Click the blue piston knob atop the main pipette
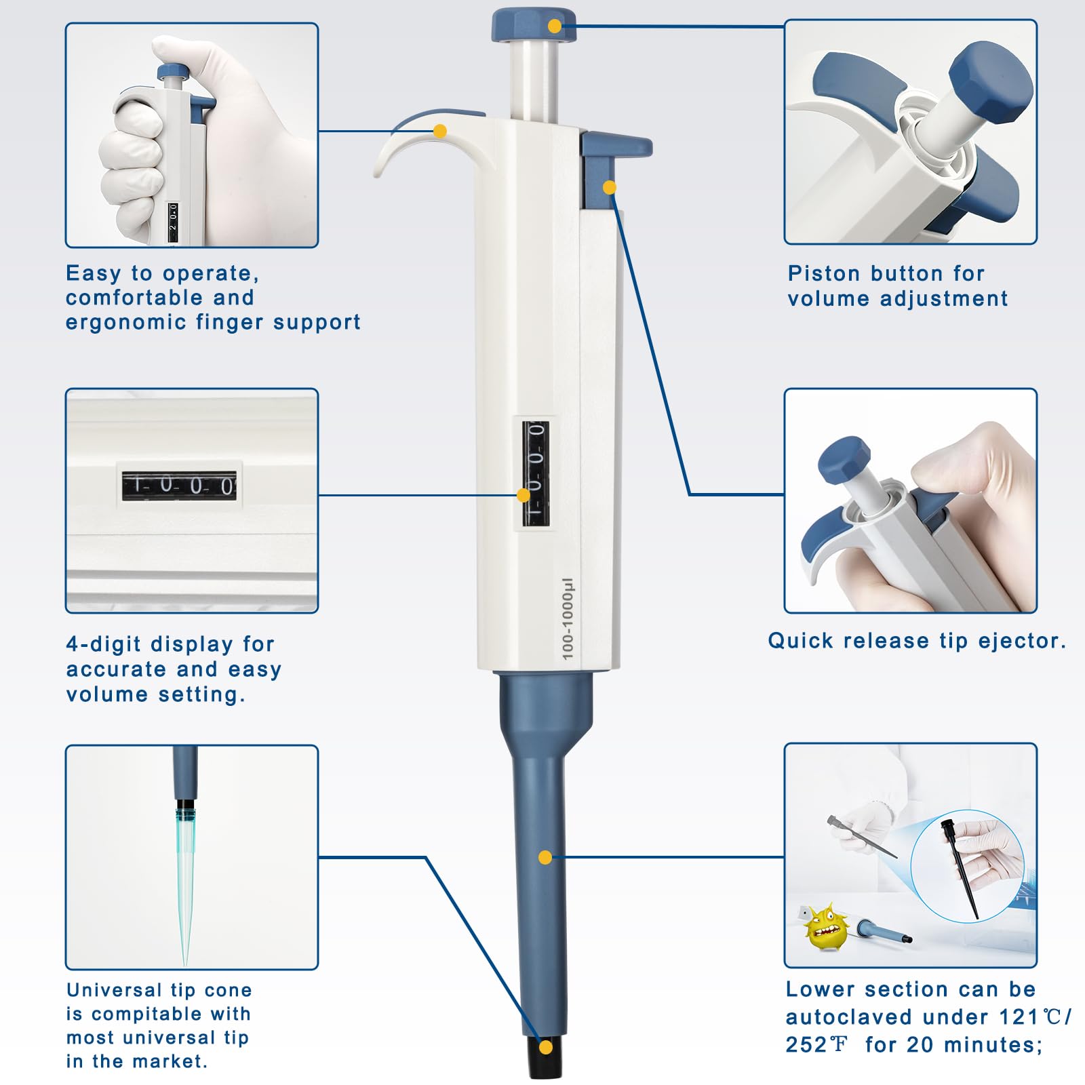click(x=533, y=26)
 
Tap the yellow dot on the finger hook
click(x=440, y=131)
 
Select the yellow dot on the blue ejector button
click(x=609, y=187)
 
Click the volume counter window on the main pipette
click(x=535, y=474)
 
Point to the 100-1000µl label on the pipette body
click(x=568, y=618)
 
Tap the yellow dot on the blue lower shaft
click(x=545, y=858)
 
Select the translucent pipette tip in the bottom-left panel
click(x=184, y=882)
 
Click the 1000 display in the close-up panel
click(x=179, y=486)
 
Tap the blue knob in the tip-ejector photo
click(x=844, y=460)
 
